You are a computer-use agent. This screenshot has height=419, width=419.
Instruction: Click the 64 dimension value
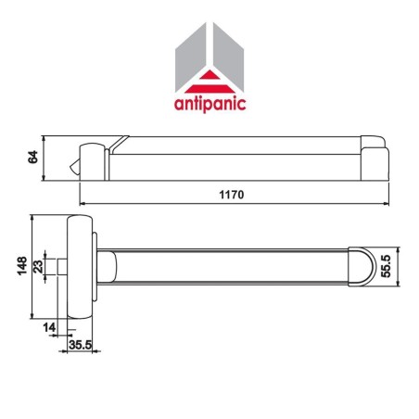(32, 159)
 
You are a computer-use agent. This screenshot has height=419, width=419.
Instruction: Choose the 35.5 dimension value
(82, 346)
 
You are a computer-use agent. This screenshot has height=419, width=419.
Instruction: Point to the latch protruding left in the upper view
(75, 165)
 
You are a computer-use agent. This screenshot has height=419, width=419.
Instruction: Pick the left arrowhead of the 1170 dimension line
(83, 201)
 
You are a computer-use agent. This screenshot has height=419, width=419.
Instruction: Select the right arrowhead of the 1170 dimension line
(385, 201)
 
